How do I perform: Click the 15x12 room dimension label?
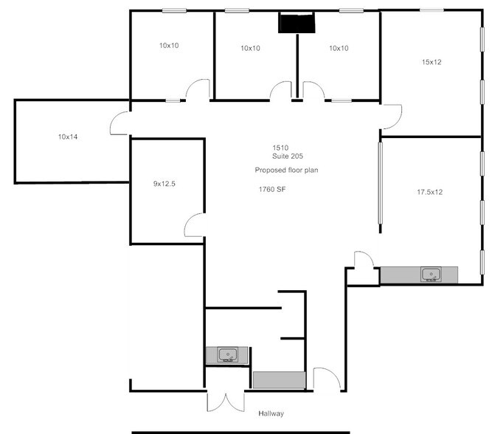(432, 62)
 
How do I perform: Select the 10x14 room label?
(68, 137)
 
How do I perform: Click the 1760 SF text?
(271, 190)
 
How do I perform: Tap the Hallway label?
(271, 413)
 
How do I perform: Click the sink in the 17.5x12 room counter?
(430, 275)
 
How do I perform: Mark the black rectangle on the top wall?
(296, 24)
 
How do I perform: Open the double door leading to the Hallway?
(223, 401)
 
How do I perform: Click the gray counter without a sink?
(279, 380)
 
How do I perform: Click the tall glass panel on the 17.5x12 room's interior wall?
(381, 185)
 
